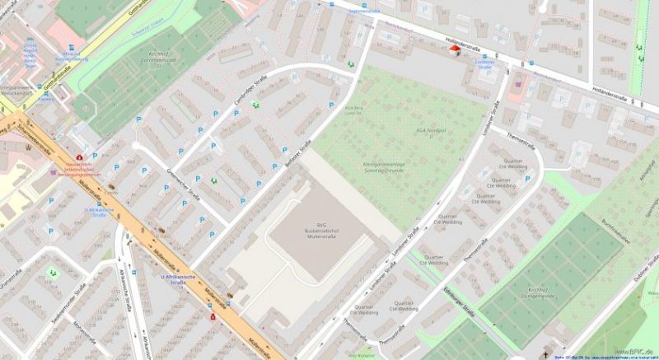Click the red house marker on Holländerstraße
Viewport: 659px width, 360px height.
pos(455,50)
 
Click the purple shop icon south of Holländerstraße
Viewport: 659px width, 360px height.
pos(516,82)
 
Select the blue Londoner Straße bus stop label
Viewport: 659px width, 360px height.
pos(484,61)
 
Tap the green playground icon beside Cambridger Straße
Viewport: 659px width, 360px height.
pos(255,104)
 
